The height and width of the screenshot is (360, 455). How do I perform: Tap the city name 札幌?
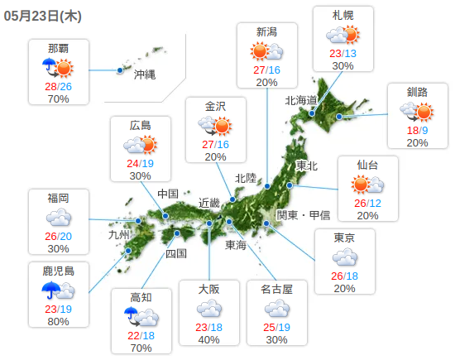click(x=343, y=15)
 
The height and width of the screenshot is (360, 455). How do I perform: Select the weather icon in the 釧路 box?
click(x=418, y=111)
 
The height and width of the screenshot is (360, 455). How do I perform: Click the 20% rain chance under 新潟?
click(x=266, y=83)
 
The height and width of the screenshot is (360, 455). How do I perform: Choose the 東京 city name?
click(x=344, y=238)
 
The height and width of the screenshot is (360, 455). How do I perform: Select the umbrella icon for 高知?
click(x=132, y=314)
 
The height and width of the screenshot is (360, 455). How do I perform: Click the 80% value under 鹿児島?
click(x=58, y=322)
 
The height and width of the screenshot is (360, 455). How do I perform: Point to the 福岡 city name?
click(x=58, y=198)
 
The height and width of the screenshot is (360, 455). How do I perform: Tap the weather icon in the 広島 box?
click(x=141, y=146)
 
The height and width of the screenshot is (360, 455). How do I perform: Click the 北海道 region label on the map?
click(x=302, y=100)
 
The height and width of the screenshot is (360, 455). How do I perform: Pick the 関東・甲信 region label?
click(x=304, y=215)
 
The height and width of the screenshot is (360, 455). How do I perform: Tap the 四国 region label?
click(x=176, y=253)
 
